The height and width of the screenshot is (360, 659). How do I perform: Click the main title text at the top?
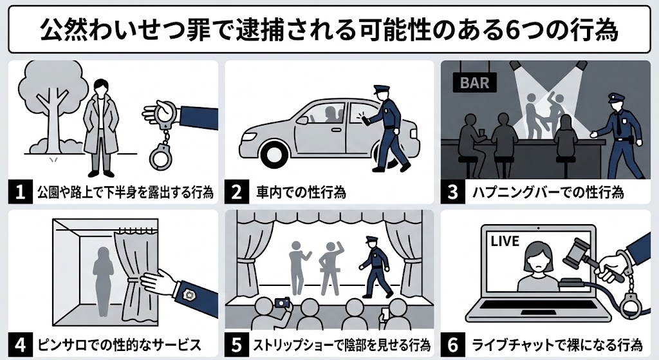tap(329, 30)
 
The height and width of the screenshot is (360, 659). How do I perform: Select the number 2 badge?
tap(237, 192)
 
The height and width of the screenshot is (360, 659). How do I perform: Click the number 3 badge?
tap(454, 192)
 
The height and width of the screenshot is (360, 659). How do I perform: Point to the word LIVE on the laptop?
tap(505, 241)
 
